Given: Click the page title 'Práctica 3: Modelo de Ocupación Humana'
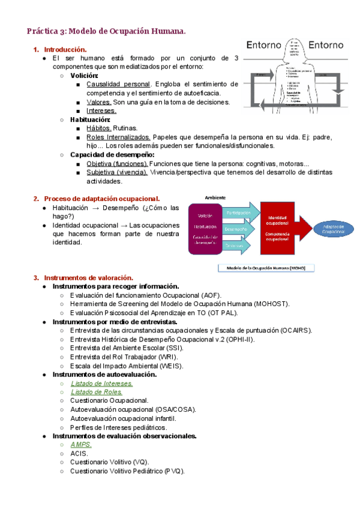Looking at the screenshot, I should coord(106,31).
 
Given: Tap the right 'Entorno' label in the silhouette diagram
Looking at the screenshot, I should coord(326,45).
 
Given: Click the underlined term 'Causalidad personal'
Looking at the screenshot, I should coord(118,84).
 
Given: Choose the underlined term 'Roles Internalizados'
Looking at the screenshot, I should coord(118,137).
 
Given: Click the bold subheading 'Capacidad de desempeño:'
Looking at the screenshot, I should coord(112,154).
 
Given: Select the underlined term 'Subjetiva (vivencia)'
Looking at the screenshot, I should coord(117,172).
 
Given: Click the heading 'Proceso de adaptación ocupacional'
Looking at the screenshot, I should coord(102,199).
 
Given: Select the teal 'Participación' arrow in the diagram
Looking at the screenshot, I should coord(240,212).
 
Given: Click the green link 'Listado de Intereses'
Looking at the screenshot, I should coord(101,383).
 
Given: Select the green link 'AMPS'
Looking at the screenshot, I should coord(81,445).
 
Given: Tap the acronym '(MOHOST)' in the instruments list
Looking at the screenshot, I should coord(271,304).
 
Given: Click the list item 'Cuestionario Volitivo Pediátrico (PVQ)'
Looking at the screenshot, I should coord(127,471).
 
